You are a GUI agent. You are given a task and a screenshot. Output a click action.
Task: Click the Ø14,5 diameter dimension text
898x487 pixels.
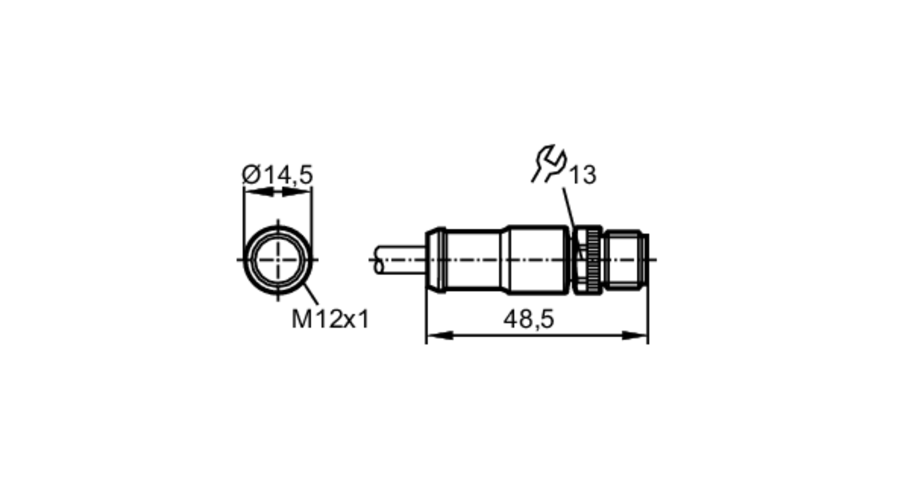[x=277, y=174]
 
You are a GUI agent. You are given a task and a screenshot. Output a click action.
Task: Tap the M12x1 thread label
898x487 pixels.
[x=330, y=319]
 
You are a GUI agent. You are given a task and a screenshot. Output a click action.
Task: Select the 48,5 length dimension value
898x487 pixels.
[x=529, y=319]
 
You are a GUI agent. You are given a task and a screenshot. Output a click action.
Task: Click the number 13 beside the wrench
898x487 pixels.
[x=583, y=174]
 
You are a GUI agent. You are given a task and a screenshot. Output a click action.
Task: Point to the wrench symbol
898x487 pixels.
[x=549, y=163]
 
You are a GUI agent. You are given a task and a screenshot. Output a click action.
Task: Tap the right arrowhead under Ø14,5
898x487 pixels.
[x=296, y=192]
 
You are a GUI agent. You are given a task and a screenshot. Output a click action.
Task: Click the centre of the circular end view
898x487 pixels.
[x=278, y=260]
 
